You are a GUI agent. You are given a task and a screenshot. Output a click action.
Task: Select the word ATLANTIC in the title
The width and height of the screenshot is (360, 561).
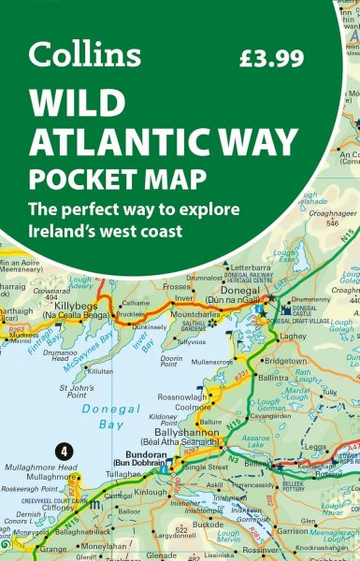click(x=122, y=139)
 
